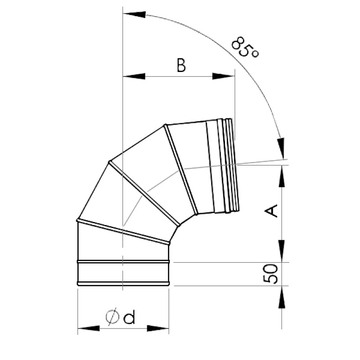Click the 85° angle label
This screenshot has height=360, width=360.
[245, 48]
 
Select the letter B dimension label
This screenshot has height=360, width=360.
[181, 65]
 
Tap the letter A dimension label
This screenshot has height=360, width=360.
[271, 211]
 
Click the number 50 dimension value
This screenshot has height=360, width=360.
[270, 274]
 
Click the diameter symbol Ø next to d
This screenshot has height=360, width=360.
[112, 317]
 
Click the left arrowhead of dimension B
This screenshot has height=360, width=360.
[134, 76]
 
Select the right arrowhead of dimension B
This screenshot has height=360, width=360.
[224, 76]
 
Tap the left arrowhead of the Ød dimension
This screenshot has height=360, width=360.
[89, 328]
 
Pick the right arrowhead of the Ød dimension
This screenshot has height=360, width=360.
[158, 328]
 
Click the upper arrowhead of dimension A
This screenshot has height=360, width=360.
[282, 176]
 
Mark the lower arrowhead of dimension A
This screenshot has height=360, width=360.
[282, 251]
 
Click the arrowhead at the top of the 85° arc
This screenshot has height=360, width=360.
[135, 14]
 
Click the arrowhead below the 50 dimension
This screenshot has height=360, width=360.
[282, 297]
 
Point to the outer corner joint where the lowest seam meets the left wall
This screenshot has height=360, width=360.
[78, 220]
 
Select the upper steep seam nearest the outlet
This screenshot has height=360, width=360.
[181, 170]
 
